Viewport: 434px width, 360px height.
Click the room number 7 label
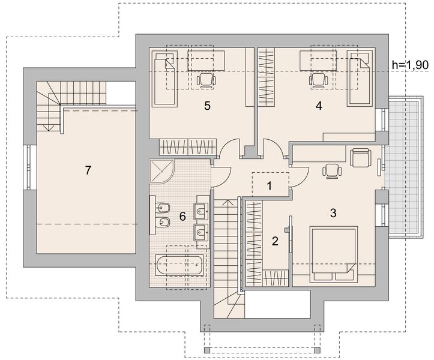coord(88,170)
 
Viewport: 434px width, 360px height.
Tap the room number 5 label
coord(207,106)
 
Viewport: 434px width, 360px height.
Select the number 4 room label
coord(319,106)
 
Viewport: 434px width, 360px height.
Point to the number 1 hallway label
coord(270,186)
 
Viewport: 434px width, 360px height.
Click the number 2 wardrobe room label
coord(275,241)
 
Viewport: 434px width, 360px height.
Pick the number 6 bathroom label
coord(182,217)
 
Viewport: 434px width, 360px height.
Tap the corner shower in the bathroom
coord(161,171)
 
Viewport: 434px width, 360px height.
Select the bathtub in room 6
coord(179,265)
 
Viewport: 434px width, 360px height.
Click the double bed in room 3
coord(334,254)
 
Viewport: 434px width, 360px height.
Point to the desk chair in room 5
coord(206,80)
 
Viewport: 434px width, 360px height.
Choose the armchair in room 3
coord(361,158)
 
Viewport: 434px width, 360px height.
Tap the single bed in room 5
coord(164,79)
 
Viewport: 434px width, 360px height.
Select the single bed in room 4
coord(360,78)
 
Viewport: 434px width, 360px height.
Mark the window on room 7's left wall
coord(29,167)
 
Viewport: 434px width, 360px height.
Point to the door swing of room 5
coord(229,147)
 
